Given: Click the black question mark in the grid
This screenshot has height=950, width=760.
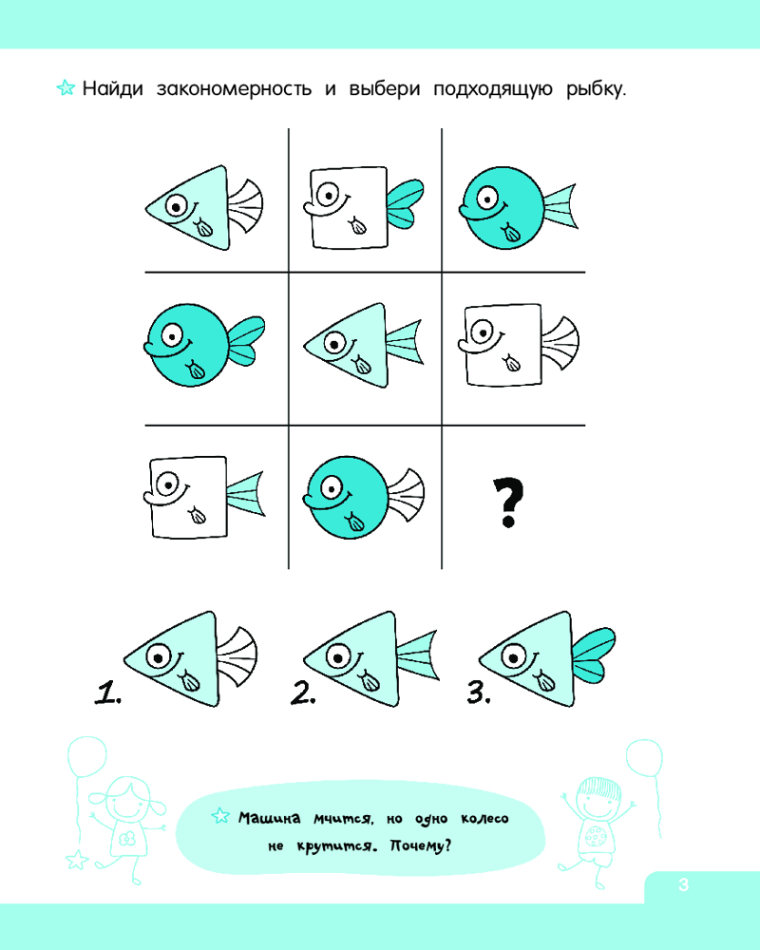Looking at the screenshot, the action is (x=508, y=503).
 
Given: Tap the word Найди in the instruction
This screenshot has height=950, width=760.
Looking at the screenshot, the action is (x=113, y=88).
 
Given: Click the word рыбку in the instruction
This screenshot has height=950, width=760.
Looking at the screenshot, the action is (x=596, y=89).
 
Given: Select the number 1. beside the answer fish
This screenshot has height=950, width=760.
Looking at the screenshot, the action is (x=108, y=693).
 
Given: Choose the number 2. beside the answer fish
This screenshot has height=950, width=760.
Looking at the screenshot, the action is (x=303, y=693).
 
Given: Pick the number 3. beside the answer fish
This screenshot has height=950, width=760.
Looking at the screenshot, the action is (x=479, y=693).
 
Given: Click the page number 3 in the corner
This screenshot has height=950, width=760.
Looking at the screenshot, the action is (x=684, y=885).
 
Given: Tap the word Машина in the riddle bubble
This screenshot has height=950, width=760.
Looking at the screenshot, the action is (x=269, y=819).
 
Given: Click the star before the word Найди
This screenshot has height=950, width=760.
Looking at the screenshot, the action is (x=66, y=87).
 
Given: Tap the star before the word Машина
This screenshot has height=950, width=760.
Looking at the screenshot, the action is (x=220, y=817).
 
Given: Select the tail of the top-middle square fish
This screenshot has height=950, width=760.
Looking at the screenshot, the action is (x=405, y=203).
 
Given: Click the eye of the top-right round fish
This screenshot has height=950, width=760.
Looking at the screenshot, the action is (x=487, y=198).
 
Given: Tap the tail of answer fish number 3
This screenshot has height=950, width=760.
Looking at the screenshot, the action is (x=594, y=655).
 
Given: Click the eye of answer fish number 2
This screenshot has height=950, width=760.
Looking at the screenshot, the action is (x=337, y=656).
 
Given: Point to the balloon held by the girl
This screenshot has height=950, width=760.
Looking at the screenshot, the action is (x=86, y=757).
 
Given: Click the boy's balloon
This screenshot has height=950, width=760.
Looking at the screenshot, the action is (x=644, y=758).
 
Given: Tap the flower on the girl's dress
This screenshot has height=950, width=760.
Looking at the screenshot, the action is (x=126, y=839).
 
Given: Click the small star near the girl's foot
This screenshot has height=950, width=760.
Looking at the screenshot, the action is (x=76, y=860).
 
